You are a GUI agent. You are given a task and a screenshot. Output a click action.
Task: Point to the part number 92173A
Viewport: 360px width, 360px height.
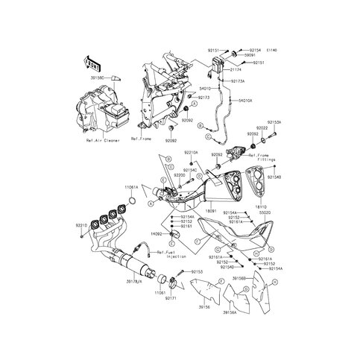(239, 80)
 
